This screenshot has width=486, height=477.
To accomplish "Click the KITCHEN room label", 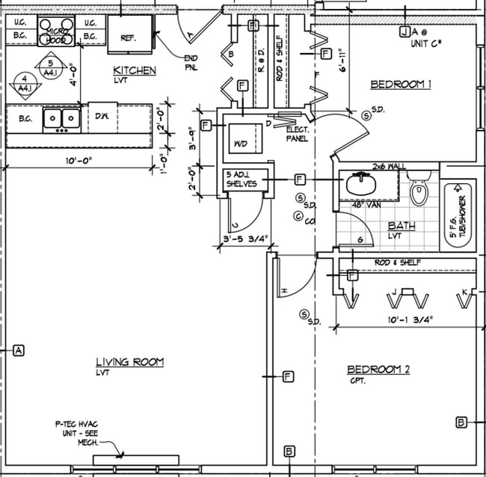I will click(135, 70).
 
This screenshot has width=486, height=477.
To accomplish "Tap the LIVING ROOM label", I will click(129, 362).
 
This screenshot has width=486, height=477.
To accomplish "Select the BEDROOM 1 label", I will click(402, 84).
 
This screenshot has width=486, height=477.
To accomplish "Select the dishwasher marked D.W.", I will click(102, 116).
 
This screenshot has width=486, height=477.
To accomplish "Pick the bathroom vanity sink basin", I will click(362, 184).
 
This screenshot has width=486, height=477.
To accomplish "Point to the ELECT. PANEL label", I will click(298, 134).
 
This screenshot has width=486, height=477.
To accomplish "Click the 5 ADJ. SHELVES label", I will click(242, 179).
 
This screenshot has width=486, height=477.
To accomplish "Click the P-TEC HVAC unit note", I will click(79, 431).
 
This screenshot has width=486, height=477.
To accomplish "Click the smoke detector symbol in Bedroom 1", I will click(366, 114).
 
